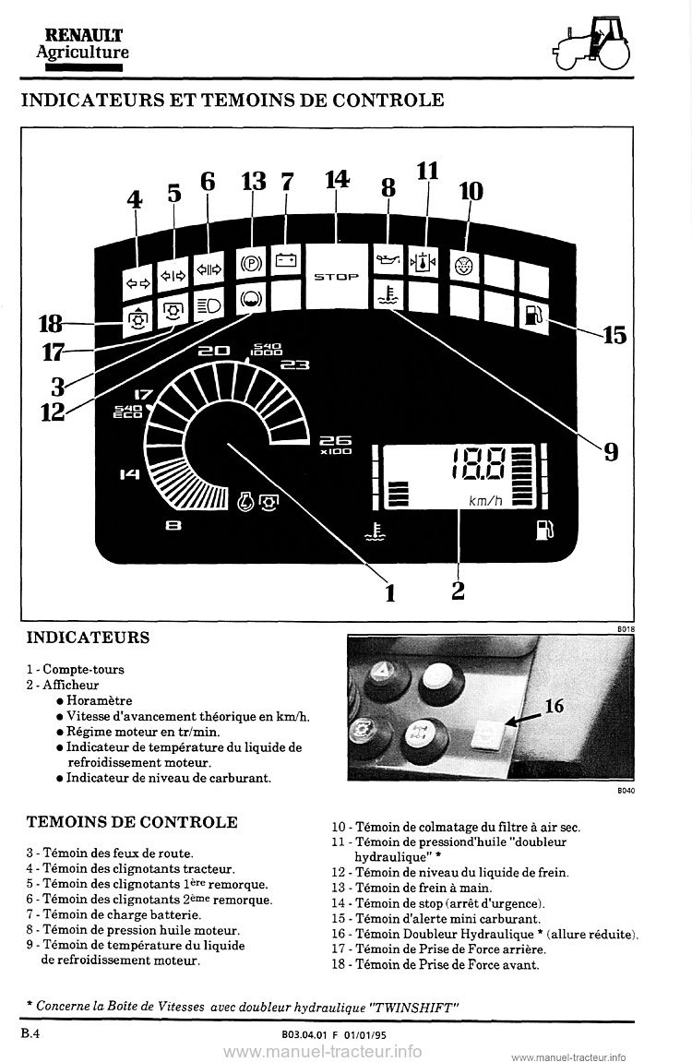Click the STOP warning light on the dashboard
tap(336, 276)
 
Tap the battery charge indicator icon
tap(285, 259)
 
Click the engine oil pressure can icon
tap(388, 261)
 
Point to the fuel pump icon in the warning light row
tap(533, 315)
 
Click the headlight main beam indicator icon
tap(208, 305)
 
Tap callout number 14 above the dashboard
tap(337, 179)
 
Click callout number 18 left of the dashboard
tap(51, 324)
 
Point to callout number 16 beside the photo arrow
tap(554, 706)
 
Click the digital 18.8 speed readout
tap(479, 465)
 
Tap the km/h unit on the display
tap(486, 501)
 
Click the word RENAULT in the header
tap(84, 35)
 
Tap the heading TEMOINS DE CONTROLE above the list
tap(132, 821)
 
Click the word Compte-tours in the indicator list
tap(83, 669)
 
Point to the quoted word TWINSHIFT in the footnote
tap(414, 1007)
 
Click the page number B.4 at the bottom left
tap(31, 1032)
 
